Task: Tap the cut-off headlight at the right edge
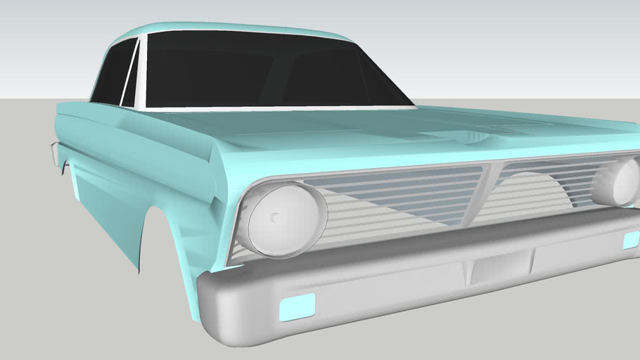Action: (619, 181)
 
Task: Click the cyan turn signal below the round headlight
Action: (297, 307)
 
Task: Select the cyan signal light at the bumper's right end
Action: (631, 240)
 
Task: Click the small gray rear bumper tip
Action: (53, 153)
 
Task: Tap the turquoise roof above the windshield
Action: (232, 29)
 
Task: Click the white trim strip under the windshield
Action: (281, 109)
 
